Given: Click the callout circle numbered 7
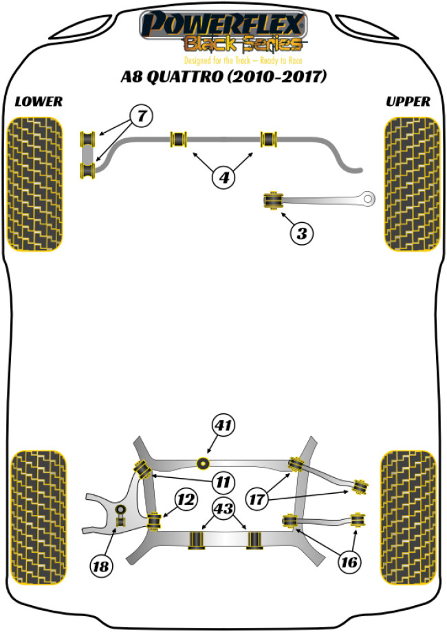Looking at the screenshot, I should pos(140,117).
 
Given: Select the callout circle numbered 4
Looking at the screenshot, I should pos(223,178).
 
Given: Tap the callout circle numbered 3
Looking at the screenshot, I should pos(301,234).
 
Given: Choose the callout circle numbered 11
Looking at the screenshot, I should pos(222,481).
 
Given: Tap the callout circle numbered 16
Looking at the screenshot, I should pos(349,563).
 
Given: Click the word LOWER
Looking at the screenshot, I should pos(39,102).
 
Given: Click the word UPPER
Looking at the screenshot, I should pos(408,102).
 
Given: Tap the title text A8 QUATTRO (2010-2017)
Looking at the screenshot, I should pos(223,75).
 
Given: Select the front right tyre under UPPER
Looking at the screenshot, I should pos(411,184).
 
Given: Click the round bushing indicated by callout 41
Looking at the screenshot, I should pos(203,462).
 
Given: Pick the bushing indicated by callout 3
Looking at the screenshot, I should pos(273,201).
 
